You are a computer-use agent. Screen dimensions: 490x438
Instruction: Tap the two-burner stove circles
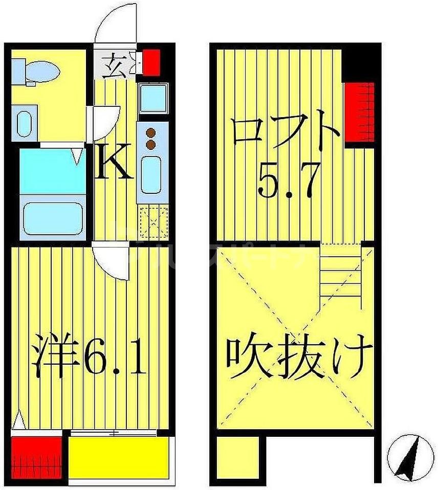(x=150, y=139)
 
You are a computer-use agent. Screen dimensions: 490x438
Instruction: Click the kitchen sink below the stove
(x=151, y=174)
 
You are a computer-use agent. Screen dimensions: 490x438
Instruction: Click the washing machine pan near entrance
(x=151, y=98)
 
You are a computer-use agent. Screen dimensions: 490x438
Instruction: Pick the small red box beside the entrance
(x=151, y=61)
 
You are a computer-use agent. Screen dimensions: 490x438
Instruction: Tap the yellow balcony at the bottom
(x=118, y=457)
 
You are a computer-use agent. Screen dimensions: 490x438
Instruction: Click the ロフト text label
(x=285, y=129)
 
